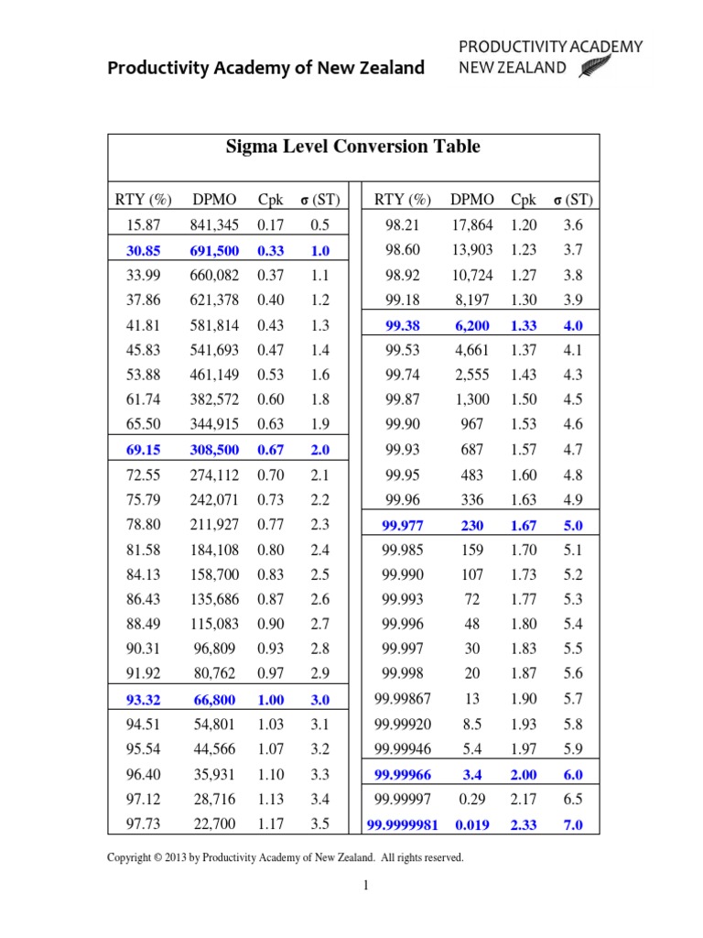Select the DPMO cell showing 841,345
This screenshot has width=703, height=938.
[214, 224]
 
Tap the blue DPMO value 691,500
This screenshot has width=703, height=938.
[214, 250]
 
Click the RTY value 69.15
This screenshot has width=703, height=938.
[142, 450]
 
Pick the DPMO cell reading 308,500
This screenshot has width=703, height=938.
[214, 450]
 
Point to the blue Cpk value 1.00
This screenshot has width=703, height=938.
[270, 700]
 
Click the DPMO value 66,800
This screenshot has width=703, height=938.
[214, 700]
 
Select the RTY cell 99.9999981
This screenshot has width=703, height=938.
[403, 824]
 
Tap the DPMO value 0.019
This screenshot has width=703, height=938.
[472, 824]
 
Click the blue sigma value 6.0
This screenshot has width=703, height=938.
[573, 775]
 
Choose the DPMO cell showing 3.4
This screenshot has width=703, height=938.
[472, 775]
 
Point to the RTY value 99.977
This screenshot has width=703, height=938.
[403, 525]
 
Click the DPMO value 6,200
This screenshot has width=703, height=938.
[472, 325]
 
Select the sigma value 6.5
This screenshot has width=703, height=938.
[573, 800]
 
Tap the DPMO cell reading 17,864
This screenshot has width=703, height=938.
[472, 224]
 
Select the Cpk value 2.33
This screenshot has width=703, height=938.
[524, 824]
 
